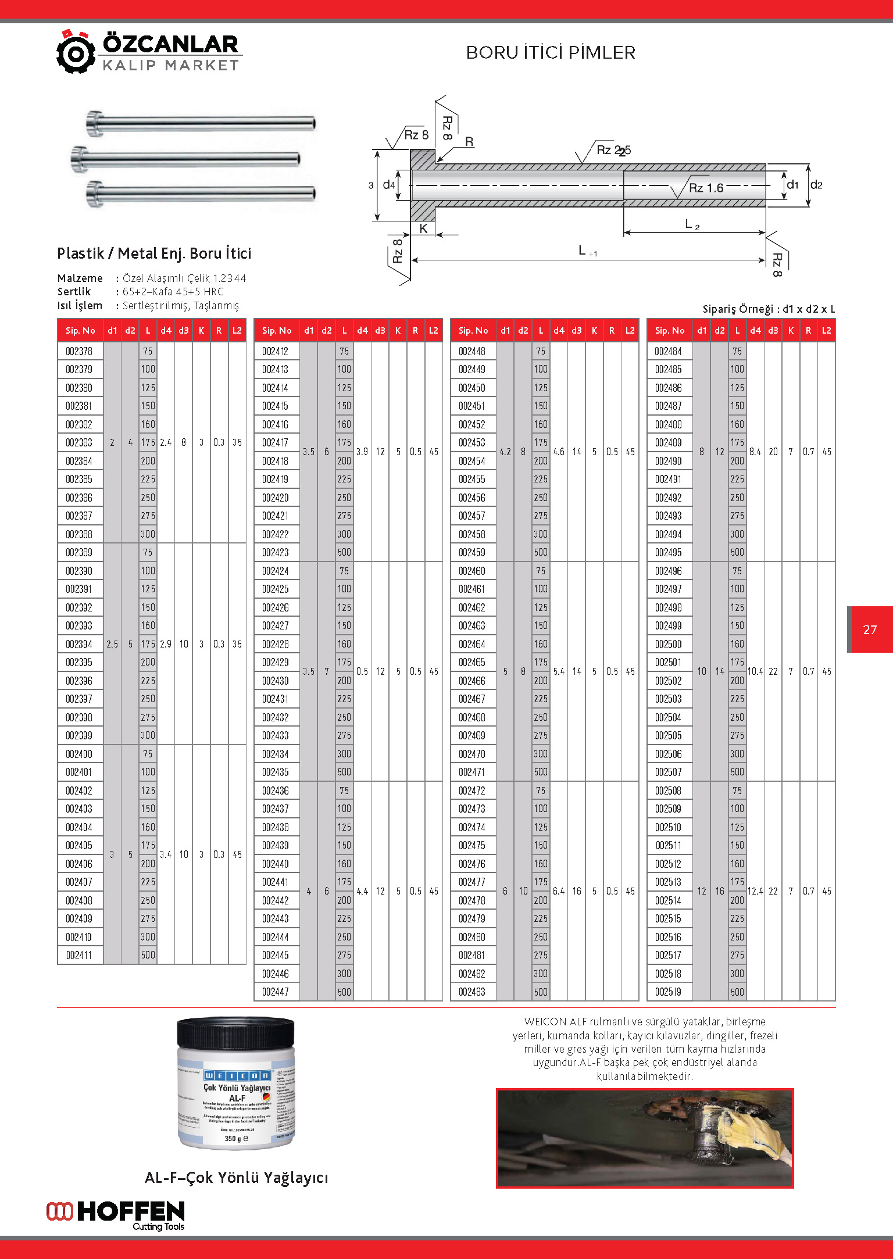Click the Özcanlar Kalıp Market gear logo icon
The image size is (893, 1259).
tap(76, 52)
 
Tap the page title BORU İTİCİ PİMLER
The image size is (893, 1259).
tap(551, 53)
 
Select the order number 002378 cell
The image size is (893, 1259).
tap(79, 351)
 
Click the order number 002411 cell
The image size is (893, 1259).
tap(79, 955)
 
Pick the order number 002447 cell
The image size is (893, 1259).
tap(276, 992)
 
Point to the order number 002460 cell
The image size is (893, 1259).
tap(472, 571)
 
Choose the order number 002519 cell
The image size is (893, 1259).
tap(669, 992)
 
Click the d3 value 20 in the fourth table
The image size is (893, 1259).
tap(773, 452)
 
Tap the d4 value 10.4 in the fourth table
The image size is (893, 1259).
tap(755, 671)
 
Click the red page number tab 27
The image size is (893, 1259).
tap(870, 629)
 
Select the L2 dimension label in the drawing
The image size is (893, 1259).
tap(692, 224)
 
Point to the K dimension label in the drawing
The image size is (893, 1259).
tap(423, 228)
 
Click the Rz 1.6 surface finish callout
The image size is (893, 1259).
tap(705, 188)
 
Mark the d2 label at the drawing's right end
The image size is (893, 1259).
tap(816, 185)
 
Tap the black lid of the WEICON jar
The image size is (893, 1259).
tap(235, 1033)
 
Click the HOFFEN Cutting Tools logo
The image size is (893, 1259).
tap(116, 1215)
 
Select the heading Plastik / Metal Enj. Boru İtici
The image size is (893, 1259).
tap(154, 253)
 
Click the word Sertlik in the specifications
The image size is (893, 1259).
tap(74, 292)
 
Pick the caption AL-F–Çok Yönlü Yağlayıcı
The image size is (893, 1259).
tap(236, 1178)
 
